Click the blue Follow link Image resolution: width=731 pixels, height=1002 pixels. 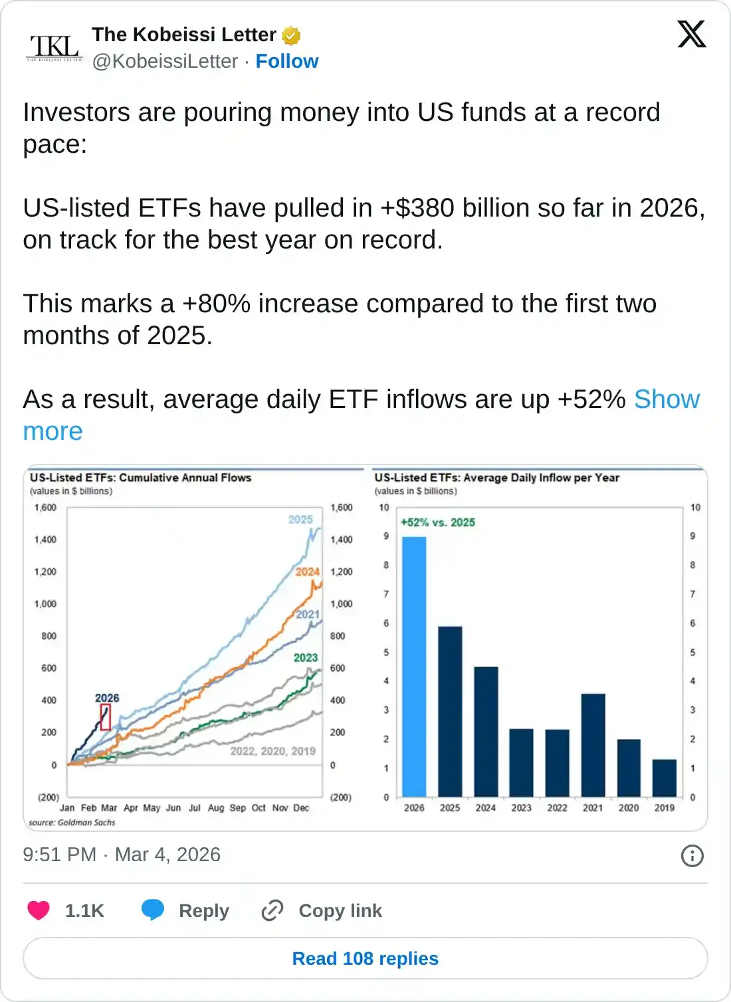286,61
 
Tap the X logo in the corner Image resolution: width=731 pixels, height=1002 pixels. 691,34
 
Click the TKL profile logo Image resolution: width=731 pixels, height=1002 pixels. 54,47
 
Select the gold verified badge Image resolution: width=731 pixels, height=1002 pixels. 291,35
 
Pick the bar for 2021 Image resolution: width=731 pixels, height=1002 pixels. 593,745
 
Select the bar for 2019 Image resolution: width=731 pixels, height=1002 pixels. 665,777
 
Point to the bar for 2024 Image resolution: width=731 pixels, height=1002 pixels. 486,731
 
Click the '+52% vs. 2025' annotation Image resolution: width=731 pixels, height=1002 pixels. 438,522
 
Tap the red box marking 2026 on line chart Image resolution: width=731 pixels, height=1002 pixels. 105,717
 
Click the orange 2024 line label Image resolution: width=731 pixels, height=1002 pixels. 308,571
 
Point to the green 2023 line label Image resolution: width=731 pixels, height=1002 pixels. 306,657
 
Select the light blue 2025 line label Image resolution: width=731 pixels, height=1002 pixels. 300,519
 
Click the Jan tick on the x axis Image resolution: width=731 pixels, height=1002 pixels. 67,808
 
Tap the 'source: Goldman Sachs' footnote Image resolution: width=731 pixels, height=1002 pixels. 72,823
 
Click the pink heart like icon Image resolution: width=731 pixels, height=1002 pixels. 39,910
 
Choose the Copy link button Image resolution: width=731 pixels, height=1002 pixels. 322,910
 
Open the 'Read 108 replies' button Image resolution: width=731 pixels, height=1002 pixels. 365,958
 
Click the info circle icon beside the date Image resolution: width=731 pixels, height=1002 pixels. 692,855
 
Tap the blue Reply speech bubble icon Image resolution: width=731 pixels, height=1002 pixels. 153,910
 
